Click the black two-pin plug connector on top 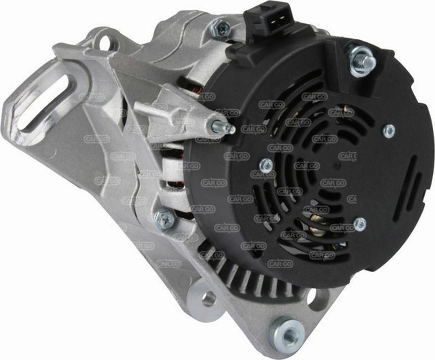[x=268, y=19]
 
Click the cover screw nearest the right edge [x=389, y=131]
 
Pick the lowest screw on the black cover [x=360, y=224]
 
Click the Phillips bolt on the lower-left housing [x=165, y=220]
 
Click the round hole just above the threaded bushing [x=317, y=297]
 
